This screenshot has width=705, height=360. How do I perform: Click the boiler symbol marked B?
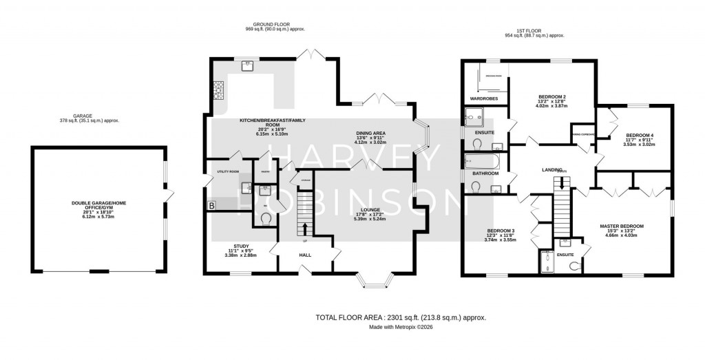coord(211,205)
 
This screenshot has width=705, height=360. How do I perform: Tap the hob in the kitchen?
coord(220,90)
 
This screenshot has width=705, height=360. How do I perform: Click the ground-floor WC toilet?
coord(266,218)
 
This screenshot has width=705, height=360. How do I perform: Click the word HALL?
coord(305,255)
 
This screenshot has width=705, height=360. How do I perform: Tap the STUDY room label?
coord(241,246)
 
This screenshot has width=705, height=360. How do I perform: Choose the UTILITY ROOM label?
coord(227,171)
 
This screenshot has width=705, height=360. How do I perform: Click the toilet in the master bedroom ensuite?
coord(574,265)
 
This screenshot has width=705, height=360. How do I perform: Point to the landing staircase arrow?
coord(563,182)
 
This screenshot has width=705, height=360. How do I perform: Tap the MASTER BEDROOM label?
coord(621,226)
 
